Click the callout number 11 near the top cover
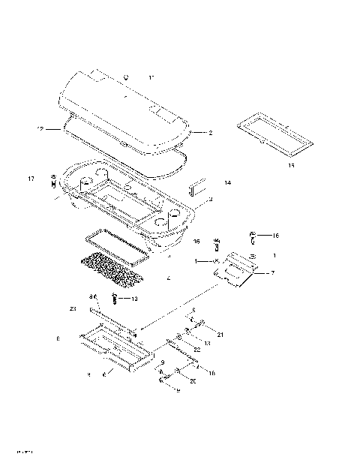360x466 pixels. (x=151, y=78)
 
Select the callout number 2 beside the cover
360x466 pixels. (x=210, y=133)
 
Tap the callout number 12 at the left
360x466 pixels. (x=40, y=130)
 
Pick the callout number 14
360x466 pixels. (x=227, y=182)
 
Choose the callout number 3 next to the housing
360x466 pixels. (x=211, y=200)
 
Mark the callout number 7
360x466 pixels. (x=272, y=272)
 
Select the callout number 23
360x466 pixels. (x=73, y=308)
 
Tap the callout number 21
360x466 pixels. (x=220, y=335)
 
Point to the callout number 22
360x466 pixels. (x=197, y=350)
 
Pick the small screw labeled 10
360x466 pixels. (x=115, y=299)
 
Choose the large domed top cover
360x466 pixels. (x=124, y=109)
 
